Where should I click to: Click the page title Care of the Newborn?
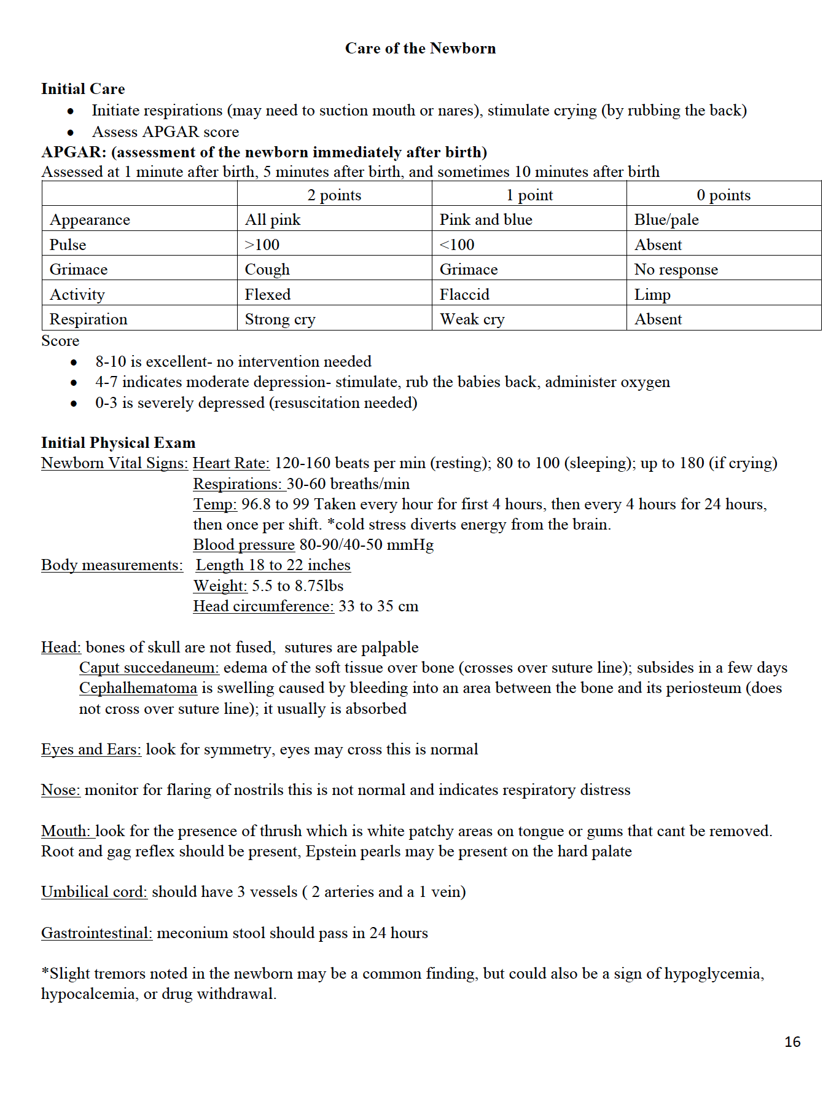pos(420,49)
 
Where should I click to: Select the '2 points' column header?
pos(334,195)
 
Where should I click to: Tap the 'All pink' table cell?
pos(273,220)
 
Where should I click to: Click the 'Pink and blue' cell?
pos(486,220)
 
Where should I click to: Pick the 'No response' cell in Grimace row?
pos(676,270)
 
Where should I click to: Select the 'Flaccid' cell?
pos(464,295)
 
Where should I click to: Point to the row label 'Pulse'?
pos(68,245)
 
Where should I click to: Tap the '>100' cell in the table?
pos(262,245)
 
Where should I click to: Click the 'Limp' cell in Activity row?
pos(652,295)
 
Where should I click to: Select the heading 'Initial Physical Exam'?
pos(118,443)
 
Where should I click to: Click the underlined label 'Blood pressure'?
pos(244,545)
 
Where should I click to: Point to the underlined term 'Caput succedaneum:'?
pos(149,668)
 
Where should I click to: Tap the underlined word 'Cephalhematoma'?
pos(138,688)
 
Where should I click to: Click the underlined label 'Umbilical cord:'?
pos(94,892)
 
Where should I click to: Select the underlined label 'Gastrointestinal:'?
pos(96,933)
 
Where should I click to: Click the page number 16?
pos(792,1042)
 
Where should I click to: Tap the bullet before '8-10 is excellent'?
pos(74,362)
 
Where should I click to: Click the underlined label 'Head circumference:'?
pos(263,606)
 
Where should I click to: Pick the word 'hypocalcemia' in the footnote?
pos(88,994)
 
